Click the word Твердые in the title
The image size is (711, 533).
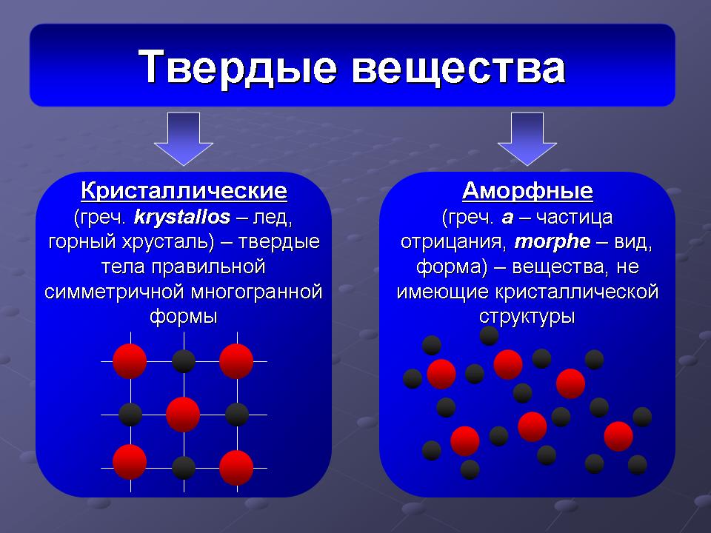point(238,67)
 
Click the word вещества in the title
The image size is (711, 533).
point(458,68)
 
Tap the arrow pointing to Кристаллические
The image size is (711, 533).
point(183,138)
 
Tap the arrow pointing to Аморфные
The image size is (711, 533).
point(527,138)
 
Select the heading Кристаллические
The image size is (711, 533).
point(184,191)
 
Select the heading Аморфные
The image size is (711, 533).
point(527,191)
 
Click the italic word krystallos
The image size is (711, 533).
point(182,217)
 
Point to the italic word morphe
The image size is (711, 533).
point(553,241)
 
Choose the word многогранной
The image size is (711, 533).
point(257,292)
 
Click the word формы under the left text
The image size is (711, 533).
point(184,316)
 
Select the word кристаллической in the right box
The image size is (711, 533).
point(576,292)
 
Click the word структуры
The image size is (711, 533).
point(527,316)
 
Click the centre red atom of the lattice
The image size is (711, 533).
point(183,415)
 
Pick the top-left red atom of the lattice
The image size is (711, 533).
point(130,361)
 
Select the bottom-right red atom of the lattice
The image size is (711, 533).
point(236,468)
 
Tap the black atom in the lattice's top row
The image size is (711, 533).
point(184,361)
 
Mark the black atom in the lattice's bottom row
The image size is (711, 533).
point(184,468)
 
